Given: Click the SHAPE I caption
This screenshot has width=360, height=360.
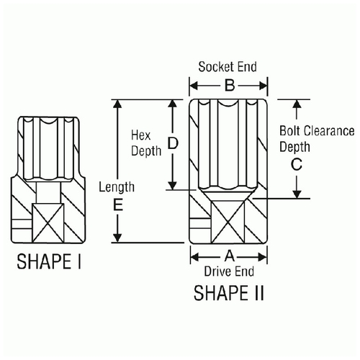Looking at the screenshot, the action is click(49, 261).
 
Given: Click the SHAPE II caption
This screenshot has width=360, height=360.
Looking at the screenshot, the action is click(229, 293).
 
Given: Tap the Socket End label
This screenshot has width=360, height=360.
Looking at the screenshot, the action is click(228, 67).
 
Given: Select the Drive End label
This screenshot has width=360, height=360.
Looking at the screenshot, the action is click(229, 271).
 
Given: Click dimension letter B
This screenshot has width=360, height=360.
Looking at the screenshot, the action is click(230, 86).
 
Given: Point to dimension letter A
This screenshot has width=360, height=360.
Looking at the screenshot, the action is click(230, 256).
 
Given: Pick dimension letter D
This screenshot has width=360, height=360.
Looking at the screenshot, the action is click(173, 143).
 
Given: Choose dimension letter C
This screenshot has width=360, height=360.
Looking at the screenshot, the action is click(297, 164).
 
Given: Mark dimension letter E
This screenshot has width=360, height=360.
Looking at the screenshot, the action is click(117, 204).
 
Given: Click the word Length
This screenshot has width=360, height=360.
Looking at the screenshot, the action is click(117, 187).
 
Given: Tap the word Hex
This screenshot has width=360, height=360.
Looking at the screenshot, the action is click(140, 135).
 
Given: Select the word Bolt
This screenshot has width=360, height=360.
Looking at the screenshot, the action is click(290, 131).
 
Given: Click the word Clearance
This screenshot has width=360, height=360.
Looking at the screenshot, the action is click(329, 131).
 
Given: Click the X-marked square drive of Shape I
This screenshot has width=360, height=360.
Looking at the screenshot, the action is click(48, 222).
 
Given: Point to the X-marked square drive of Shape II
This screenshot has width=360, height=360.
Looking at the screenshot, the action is click(228, 222).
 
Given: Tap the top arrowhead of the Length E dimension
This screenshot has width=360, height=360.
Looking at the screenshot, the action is click(117, 104).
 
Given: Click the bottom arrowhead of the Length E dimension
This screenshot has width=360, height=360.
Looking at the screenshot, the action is click(117, 238).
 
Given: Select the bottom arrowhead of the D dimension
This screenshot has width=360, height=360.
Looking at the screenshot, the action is click(172, 185).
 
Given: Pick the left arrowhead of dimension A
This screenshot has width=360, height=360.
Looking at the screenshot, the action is click(195, 257).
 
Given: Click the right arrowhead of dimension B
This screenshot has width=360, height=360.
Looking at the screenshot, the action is click(263, 86).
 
